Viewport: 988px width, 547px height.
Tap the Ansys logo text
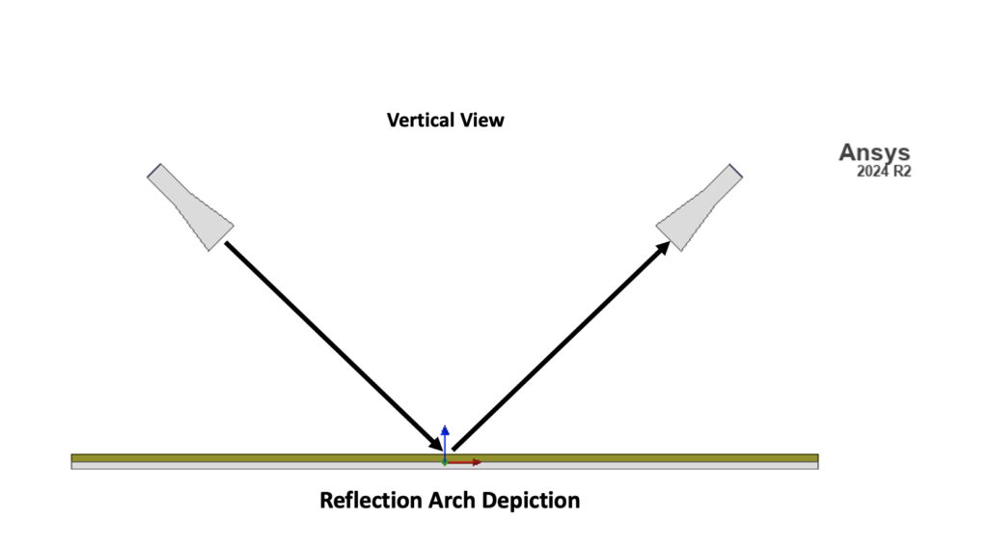click(x=874, y=152)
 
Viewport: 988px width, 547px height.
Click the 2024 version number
click(x=872, y=173)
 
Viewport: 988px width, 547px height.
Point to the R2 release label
click(x=902, y=173)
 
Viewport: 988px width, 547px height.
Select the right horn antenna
click(x=699, y=207)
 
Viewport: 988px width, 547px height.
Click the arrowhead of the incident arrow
click(x=436, y=443)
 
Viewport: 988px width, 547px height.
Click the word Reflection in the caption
click(x=370, y=501)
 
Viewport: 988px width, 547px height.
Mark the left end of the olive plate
click(x=75, y=458)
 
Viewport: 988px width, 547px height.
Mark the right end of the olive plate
click(x=814, y=458)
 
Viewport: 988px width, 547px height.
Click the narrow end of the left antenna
click(x=154, y=172)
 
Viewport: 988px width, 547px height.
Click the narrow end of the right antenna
click(x=734, y=172)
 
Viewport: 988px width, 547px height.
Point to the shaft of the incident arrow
click(x=328, y=341)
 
